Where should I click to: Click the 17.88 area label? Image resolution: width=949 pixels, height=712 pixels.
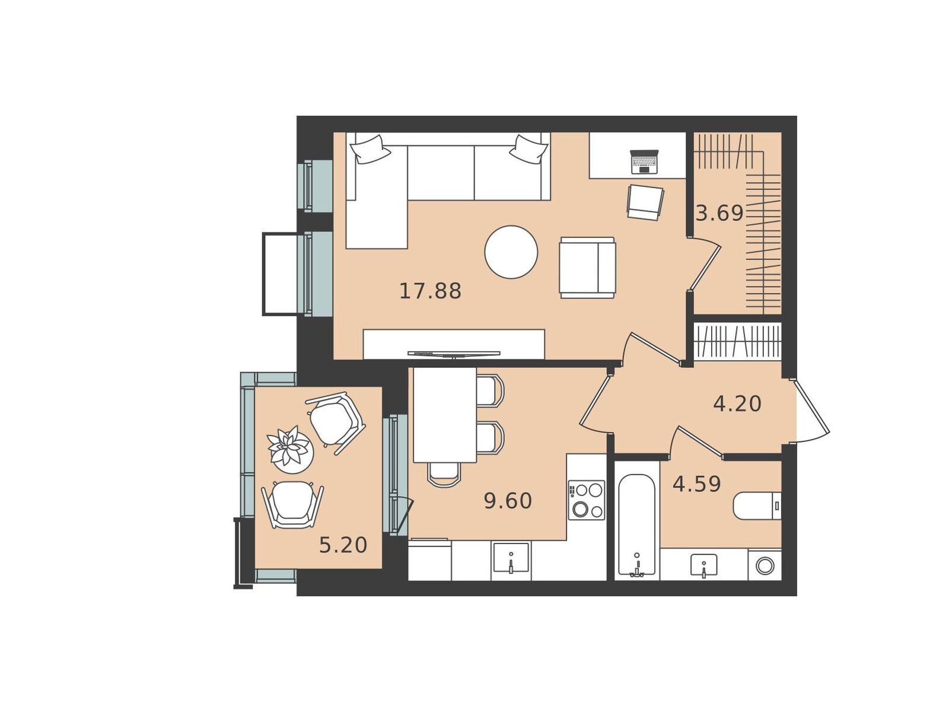click(430, 291)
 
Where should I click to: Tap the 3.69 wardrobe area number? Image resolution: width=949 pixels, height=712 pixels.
click(719, 213)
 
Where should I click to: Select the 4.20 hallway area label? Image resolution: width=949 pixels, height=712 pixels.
click(737, 404)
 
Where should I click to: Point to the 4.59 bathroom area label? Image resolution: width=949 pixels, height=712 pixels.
click(697, 484)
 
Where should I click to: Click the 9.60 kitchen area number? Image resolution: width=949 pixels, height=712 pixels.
click(508, 501)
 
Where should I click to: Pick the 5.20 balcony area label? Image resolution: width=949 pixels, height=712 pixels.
click(343, 545)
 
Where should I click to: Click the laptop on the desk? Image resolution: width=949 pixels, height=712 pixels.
click(644, 161)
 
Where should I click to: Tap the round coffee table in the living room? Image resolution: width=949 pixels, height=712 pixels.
click(511, 252)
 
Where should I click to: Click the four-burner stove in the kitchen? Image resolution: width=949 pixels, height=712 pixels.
click(586, 500)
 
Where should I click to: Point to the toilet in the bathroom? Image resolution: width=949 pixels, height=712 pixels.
click(757, 505)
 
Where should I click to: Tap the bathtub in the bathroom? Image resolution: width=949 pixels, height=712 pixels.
click(637, 525)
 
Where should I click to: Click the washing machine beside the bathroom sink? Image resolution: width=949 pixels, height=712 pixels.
click(765, 565)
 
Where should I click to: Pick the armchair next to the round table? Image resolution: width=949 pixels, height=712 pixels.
click(588, 268)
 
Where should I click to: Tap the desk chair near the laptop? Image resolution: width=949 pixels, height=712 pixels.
click(645, 202)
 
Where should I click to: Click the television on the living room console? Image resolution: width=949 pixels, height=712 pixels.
click(454, 354)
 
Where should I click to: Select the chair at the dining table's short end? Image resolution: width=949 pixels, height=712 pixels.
click(444, 475)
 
